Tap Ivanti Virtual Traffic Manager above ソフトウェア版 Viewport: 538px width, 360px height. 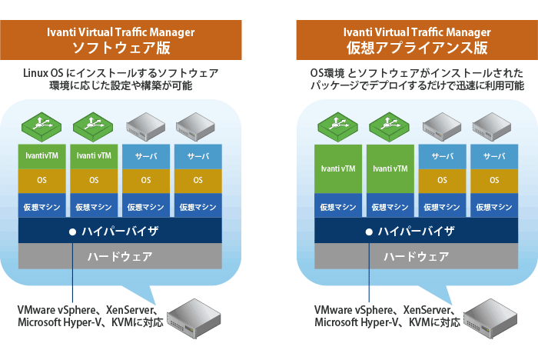coord(121,32)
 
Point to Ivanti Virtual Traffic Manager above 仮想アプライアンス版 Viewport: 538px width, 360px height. coord(417,32)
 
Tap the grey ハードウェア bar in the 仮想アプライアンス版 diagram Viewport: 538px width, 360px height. coord(416,256)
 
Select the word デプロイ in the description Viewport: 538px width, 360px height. coord(384,86)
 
